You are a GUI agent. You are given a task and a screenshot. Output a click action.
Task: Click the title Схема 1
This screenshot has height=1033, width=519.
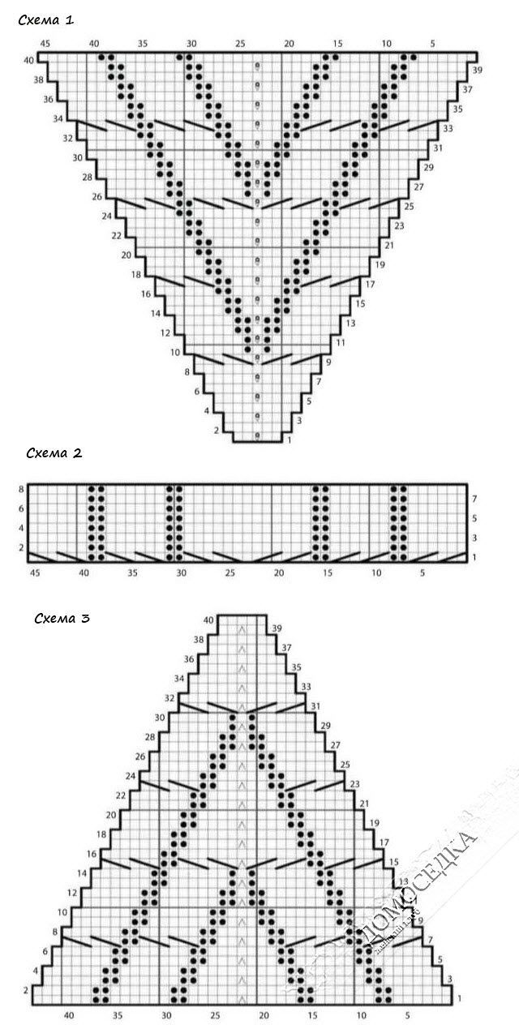[46, 20]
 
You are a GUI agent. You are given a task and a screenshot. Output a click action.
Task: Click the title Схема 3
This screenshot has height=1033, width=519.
[62, 619]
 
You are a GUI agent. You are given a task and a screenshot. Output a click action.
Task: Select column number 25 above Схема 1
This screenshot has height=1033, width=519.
[240, 43]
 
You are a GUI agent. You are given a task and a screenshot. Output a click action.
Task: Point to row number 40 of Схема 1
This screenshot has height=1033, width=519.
[29, 61]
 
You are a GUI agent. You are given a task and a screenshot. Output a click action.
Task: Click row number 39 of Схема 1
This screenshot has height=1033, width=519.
[477, 71]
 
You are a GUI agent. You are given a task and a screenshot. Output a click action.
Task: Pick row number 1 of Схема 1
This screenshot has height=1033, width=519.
[290, 440]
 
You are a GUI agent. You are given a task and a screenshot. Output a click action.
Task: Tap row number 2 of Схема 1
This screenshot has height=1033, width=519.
[217, 431]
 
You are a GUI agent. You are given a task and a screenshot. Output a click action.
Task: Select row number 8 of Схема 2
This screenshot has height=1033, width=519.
[21, 489]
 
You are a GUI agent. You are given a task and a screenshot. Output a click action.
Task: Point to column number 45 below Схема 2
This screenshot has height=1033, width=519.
[35, 573]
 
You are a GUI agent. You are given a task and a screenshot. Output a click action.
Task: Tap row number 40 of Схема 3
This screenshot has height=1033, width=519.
[209, 620]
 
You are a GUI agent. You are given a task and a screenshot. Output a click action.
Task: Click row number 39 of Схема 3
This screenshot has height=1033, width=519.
[277, 628]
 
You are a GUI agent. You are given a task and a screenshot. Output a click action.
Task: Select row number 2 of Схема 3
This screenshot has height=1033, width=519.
[27, 990]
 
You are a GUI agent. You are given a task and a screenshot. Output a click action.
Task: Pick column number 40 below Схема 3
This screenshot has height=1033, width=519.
[68, 1014]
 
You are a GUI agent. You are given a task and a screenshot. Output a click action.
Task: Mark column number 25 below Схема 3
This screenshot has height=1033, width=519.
[215, 1014]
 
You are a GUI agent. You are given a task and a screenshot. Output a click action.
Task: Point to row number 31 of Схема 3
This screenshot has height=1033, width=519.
[315, 706]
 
